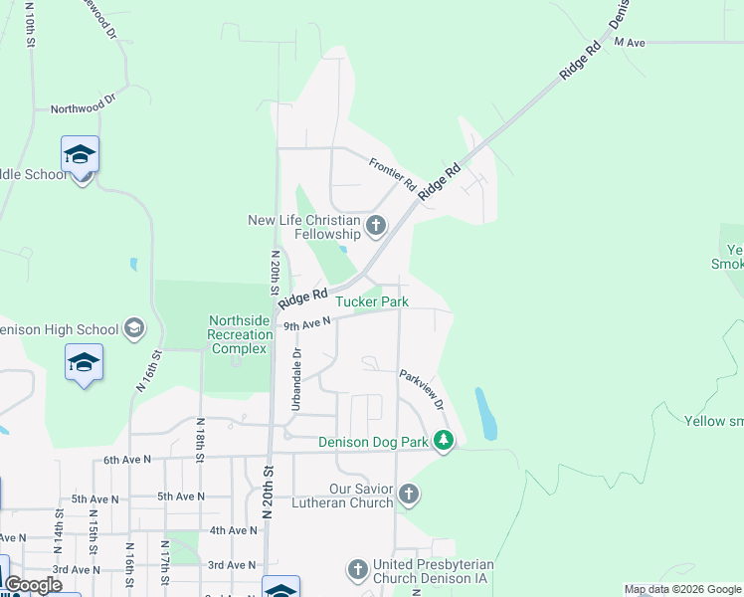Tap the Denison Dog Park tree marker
445,441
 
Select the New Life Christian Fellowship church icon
376,226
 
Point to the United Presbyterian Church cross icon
358,569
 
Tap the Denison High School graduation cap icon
134,329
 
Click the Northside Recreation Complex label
238,334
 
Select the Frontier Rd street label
392,174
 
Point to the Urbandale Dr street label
295,379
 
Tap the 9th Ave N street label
306,323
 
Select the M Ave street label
630,42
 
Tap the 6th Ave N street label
127,460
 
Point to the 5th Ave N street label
179,496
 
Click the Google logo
33,585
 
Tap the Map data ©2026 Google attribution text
682,589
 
